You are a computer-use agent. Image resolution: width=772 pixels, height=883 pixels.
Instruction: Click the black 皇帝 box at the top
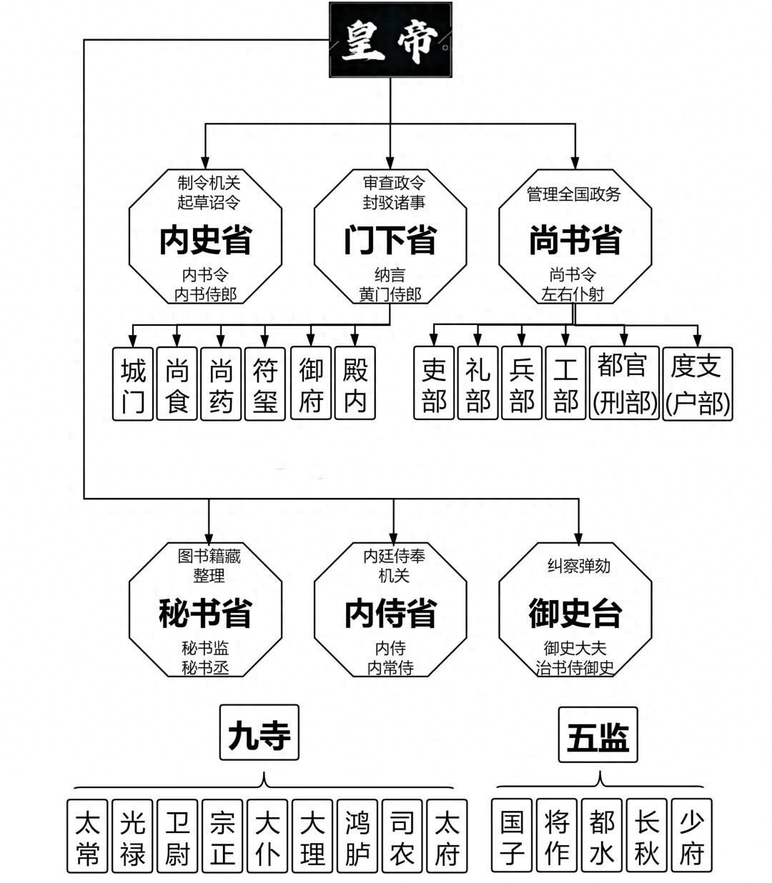(390, 40)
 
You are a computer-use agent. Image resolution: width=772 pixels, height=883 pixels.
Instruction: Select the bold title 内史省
(205, 239)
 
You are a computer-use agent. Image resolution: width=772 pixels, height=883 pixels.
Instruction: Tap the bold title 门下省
(390, 239)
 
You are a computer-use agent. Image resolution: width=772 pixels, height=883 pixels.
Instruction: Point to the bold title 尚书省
(575, 239)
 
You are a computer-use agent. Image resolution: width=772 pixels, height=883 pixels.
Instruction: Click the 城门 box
(133, 384)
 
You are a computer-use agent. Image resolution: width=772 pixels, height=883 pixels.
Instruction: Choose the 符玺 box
(265, 384)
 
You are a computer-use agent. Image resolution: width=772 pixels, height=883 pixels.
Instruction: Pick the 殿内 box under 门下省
(355, 384)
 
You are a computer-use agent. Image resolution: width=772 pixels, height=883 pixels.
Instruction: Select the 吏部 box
(434, 384)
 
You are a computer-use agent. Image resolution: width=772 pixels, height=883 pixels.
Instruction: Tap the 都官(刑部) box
(624, 384)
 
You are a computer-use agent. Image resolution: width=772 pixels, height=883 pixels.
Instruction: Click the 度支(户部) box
(697, 384)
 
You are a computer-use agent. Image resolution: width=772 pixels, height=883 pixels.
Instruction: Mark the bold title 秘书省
(205, 613)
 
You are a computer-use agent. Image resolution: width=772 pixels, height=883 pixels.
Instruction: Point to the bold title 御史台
(575, 613)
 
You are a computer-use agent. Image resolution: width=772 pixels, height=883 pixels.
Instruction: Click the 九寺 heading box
(259, 733)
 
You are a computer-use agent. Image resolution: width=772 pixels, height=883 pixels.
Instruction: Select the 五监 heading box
(598, 736)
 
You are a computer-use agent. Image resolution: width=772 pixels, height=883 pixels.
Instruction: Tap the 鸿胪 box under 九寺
(357, 836)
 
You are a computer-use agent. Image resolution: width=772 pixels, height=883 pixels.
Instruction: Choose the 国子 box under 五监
(513, 836)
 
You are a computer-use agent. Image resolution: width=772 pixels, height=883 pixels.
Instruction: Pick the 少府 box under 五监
(692, 836)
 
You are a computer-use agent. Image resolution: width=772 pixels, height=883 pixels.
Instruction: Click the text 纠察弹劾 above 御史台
(578, 566)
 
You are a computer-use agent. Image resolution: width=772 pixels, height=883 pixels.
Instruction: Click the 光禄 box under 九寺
(132, 836)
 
